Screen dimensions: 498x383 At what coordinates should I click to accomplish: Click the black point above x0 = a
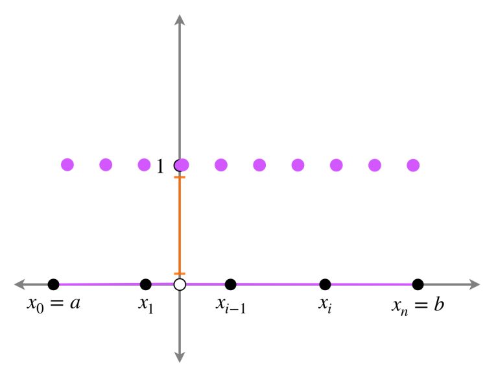tap(54, 284)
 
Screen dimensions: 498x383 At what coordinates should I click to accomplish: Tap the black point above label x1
tap(146, 284)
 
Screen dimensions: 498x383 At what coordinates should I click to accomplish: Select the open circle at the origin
tap(180, 284)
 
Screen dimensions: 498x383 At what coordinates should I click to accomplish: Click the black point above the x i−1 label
tap(231, 284)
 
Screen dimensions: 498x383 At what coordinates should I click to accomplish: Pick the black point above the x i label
tap(325, 284)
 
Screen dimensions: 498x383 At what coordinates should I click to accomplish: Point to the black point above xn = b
tap(418, 284)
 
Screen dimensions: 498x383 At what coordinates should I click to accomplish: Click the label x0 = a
tap(53, 304)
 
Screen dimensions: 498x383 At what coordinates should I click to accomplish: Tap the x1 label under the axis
tap(146, 305)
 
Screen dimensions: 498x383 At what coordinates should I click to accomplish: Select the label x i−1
tap(231, 305)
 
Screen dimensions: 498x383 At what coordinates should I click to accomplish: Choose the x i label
tap(325, 305)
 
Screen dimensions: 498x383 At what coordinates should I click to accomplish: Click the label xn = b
tap(418, 306)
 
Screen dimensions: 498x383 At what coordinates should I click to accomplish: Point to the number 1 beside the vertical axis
tap(160, 166)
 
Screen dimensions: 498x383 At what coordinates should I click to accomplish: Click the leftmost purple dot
tap(67, 165)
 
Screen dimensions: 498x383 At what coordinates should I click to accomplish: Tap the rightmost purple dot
tap(413, 166)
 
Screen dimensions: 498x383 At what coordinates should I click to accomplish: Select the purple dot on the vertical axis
tap(183, 165)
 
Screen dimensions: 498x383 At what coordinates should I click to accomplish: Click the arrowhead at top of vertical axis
tap(180, 19)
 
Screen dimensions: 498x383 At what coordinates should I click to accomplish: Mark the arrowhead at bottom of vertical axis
tap(180, 357)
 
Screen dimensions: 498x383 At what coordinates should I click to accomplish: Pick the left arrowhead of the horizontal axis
tap(19, 284)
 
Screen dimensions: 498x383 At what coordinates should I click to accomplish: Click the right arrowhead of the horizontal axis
tap(475, 284)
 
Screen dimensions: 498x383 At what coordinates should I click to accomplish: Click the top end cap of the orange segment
tap(180, 177)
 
